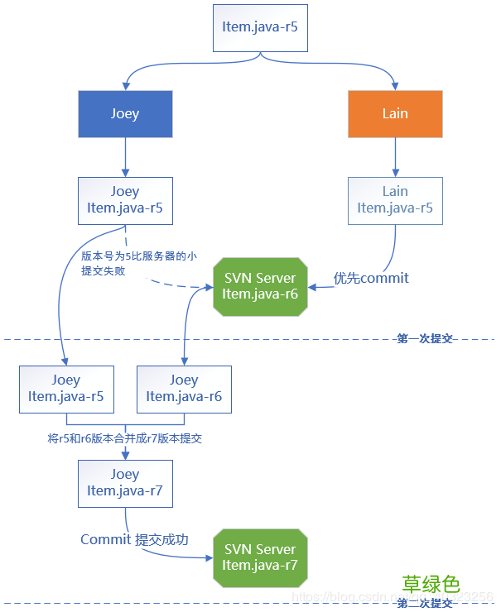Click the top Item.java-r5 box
pos(260,27)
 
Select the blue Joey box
pos(125,113)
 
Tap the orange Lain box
pos(395,113)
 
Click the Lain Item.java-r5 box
pos(395,200)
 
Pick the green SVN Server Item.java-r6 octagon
pos(260,286)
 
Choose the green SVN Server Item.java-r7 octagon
pos(260,557)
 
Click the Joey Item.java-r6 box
pos(184,389)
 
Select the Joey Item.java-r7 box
pos(125,483)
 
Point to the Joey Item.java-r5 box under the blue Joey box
pos(125,200)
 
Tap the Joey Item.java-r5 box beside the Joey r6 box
pos(66,389)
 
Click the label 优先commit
pos(371,278)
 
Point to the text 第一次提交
pos(424,338)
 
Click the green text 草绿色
pos(431,584)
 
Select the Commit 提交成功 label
pos(134,540)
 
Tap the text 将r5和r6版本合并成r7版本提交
pos(125,438)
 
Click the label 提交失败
pos(104,270)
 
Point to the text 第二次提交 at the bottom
pos(424,605)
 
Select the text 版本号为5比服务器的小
pos(138,256)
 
